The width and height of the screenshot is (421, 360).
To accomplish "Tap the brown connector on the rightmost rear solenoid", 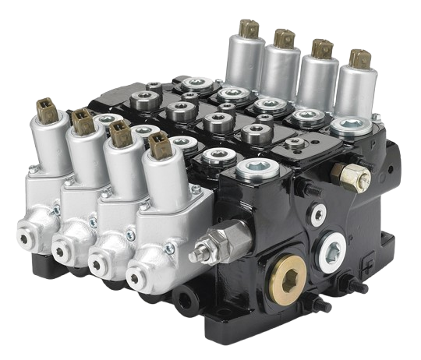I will click(360, 60).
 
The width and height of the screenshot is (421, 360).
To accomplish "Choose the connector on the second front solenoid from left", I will click(81, 119).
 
